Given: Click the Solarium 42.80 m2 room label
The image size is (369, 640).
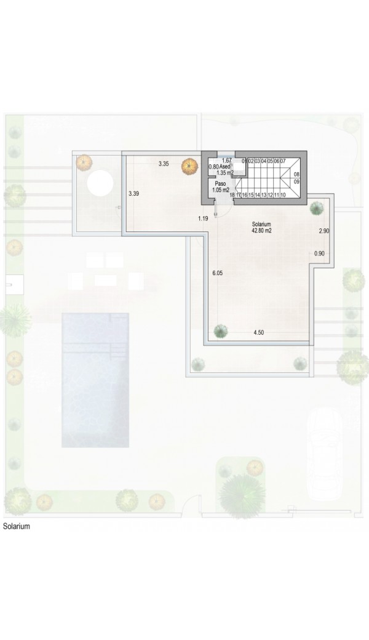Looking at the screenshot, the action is [262, 227].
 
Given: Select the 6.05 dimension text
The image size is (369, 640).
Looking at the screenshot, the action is [218, 273].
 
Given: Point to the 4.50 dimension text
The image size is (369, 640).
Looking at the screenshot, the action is [258, 333].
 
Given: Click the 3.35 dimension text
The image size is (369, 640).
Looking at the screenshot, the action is [164, 164].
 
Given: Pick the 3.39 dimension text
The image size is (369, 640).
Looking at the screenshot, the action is [133, 194].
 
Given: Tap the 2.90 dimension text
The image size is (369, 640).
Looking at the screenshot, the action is [324, 231].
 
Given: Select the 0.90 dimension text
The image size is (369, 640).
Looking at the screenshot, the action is [319, 254].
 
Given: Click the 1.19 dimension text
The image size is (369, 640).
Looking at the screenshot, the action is [203, 219].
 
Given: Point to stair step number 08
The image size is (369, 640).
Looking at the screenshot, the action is [296, 174].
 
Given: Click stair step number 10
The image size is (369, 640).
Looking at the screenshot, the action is [282, 195].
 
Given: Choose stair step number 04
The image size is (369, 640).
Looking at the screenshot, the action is [264, 161].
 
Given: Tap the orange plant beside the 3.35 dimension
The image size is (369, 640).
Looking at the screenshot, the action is [189, 167].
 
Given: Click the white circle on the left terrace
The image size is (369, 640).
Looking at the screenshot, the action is [100, 183].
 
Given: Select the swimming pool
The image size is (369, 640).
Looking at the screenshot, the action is [95, 380].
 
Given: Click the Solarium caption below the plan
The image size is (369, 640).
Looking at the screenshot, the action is [17, 526].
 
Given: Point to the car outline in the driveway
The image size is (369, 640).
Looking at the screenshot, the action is [325, 454].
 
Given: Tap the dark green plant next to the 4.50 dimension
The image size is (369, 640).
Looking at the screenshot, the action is [221, 330].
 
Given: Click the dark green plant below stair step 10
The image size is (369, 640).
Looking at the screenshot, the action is [316, 208].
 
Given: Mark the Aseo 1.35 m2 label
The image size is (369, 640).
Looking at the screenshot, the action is [225, 169].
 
